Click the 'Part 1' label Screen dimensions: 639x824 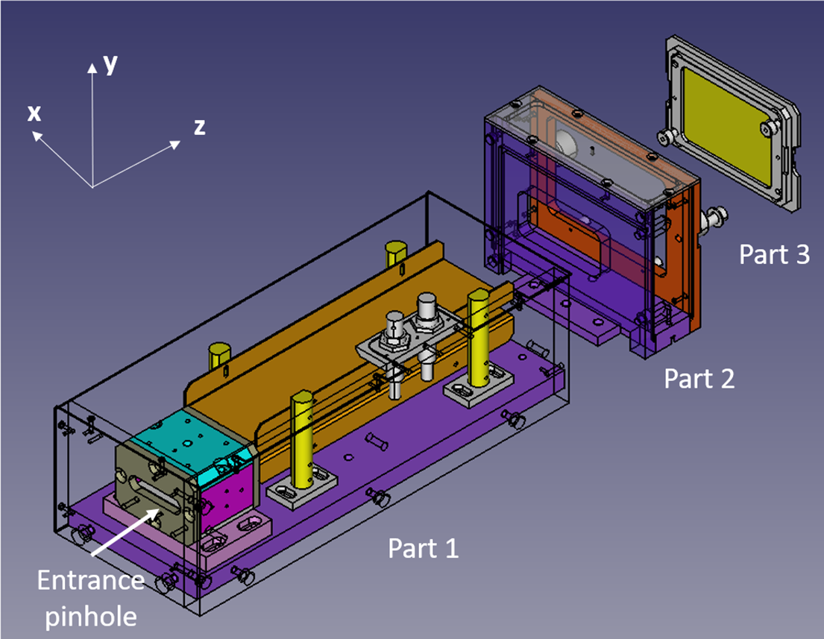click(x=424, y=549)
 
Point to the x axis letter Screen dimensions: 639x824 click(x=34, y=113)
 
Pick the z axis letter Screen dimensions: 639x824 click(x=199, y=128)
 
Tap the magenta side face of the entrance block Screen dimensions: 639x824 click(x=223, y=496)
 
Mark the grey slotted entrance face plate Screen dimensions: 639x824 click(x=149, y=489)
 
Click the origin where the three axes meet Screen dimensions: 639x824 click(x=92, y=186)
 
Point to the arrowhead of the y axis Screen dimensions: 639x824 click(x=92, y=67)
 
